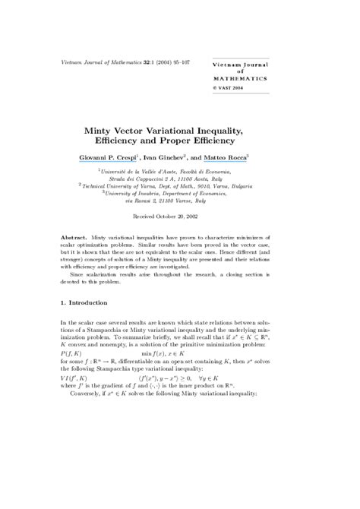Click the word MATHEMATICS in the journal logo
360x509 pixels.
[x=239, y=77]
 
